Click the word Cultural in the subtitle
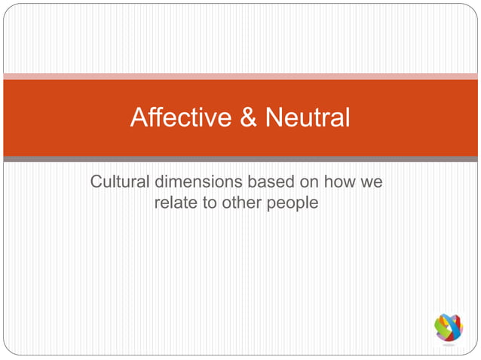tap(121, 182)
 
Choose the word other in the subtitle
tap(241, 202)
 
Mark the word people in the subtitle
tap(293, 203)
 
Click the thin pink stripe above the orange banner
tap(240, 76)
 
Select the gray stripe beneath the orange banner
tap(240, 159)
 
